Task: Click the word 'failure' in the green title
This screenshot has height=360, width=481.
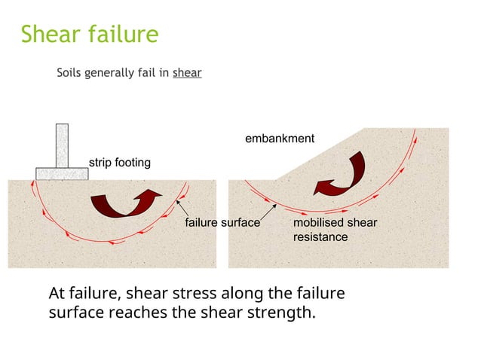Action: [x=123, y=35]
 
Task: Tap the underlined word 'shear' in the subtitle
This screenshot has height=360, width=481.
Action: [x=187, y=74]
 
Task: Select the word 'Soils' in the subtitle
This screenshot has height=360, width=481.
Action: [x=70, y=74]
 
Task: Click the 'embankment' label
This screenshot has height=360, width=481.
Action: [x=280, y=139]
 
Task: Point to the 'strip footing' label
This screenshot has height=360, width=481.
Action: [x=120, y=162]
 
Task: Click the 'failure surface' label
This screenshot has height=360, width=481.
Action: [x=222, y=223]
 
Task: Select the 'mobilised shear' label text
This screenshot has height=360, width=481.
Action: [x=335, y=223]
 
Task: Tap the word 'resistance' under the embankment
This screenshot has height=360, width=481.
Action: [x=320, y=237]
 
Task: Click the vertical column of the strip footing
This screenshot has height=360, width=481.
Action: [x=62, y=145]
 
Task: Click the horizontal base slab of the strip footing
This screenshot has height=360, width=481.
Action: [x=62, y=173]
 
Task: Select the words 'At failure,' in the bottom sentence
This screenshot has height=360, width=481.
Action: [x=84, y=293]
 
